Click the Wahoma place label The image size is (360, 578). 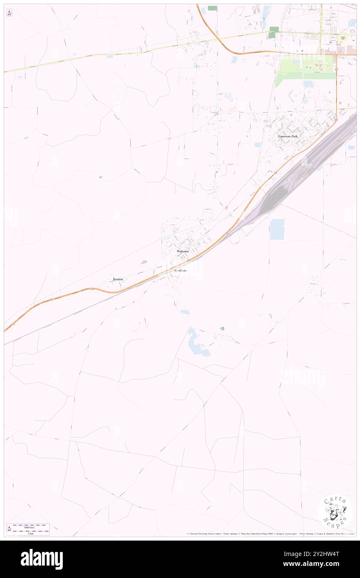tap(182, 252)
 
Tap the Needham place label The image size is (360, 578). tap(180, 270)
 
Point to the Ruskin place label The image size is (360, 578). tap(118, 279)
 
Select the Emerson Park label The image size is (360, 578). tap(288, 136)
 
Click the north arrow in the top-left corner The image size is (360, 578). tap(9, 13)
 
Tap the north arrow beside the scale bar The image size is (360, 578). tap(9, 529)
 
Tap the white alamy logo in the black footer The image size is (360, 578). tap(42, 559)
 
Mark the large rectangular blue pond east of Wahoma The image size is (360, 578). tap(277, 229)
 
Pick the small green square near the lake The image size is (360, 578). tap(223, 329)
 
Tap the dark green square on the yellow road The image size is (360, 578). tap(274, 32)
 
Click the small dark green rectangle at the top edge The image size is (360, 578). tap(212, 8)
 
